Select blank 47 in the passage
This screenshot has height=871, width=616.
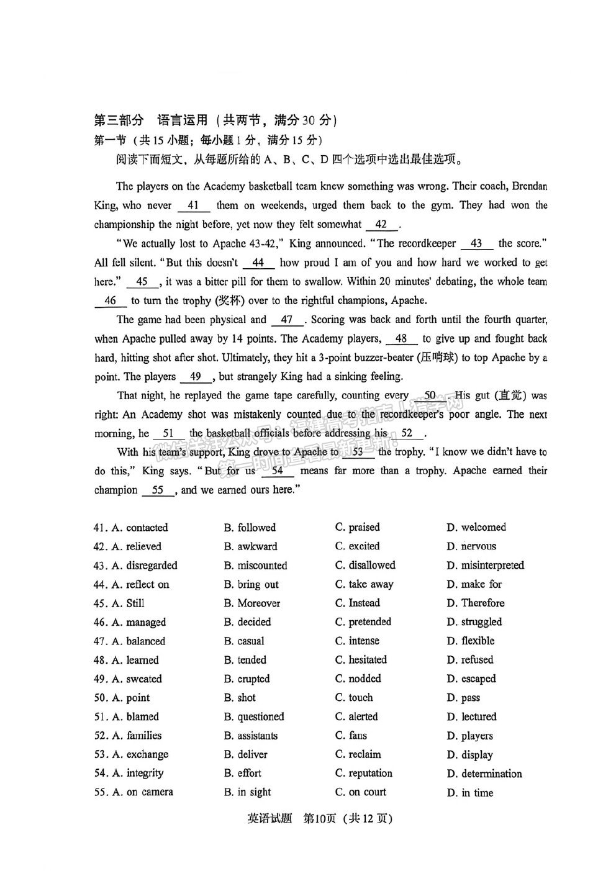pos(286,320)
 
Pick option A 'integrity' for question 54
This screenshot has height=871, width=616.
pos(138,774)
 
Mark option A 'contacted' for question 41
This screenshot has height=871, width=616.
pos(140,528)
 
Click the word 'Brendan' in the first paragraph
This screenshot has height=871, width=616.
pos(530,186)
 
